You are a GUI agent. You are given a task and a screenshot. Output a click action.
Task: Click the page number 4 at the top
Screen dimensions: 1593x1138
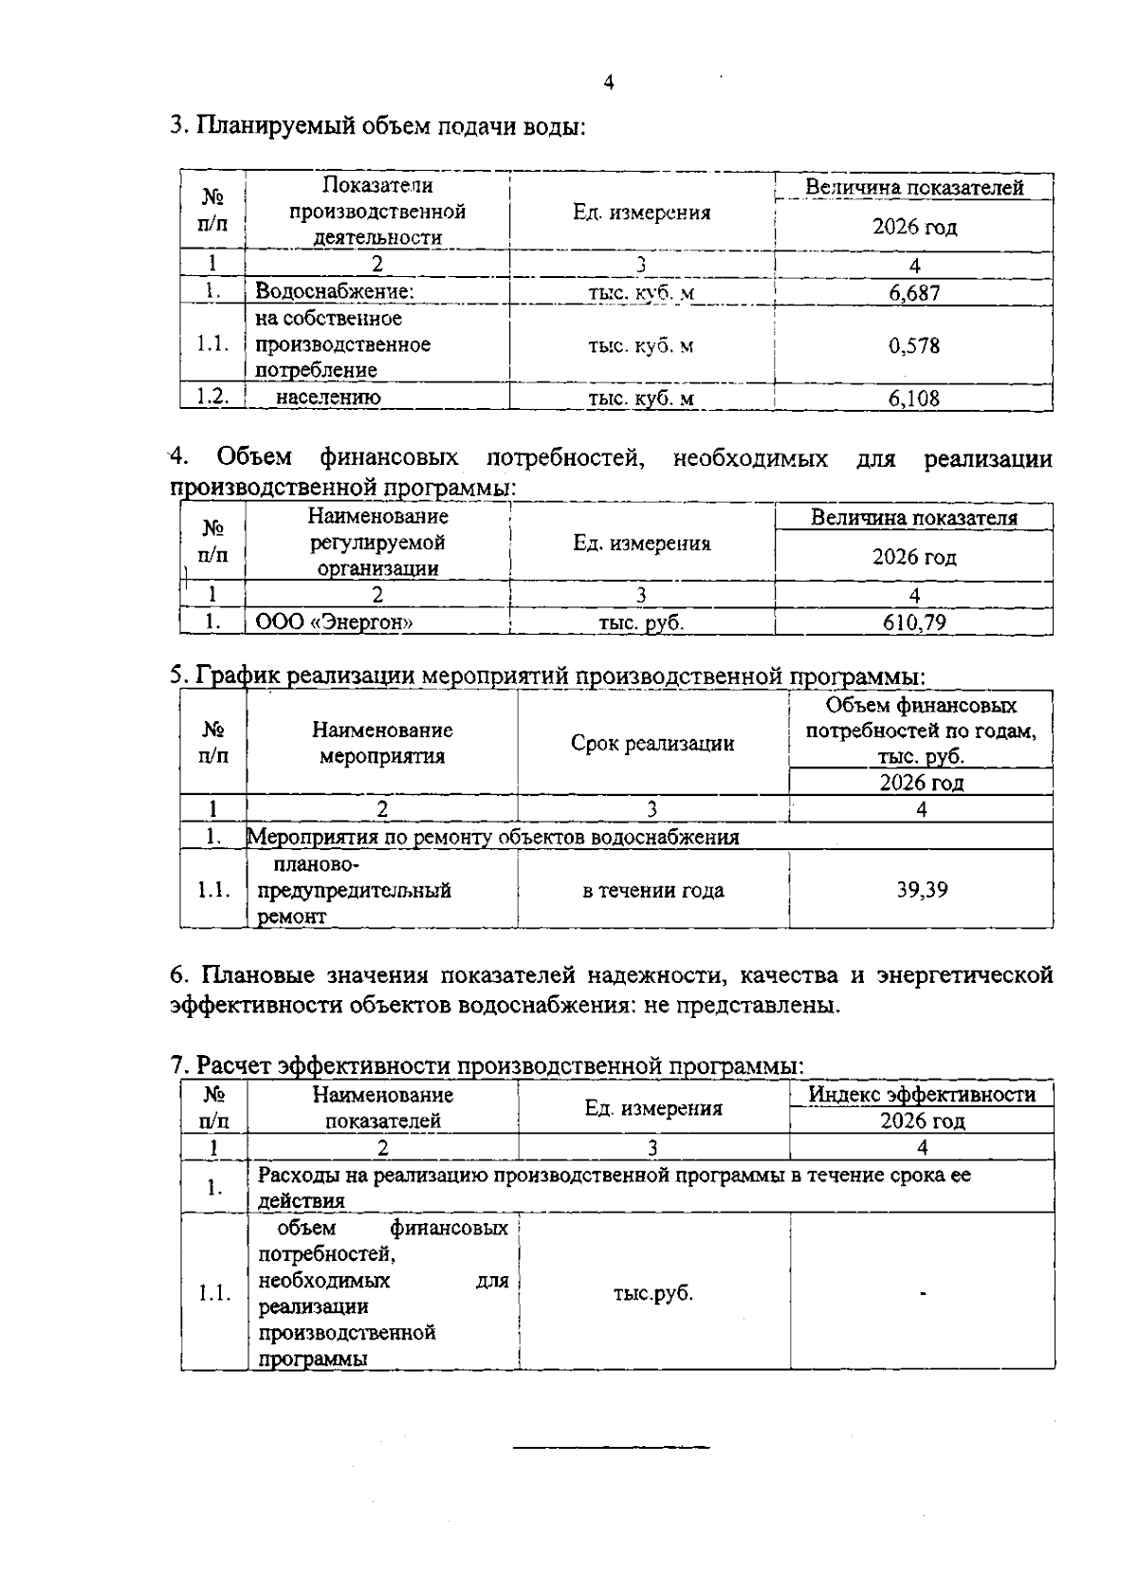[x=609, y=83]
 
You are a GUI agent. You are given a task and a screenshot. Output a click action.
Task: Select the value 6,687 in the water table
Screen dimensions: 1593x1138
[x=914, y=292]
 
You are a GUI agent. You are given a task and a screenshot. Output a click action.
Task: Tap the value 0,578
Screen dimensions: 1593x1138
[x=914, y=345]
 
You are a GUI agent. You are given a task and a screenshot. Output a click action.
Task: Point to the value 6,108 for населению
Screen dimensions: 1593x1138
[x=914, y=398]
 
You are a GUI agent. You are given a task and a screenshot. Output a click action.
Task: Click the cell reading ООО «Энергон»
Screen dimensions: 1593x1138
[x=335, y=622]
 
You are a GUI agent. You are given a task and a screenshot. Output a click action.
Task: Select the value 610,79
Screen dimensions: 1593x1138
[x=914, y=622]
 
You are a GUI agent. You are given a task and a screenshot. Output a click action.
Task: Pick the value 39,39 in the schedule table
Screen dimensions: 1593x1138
[x=922, y=890]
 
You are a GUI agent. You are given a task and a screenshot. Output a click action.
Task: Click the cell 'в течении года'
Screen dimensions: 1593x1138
[x=652, y=890]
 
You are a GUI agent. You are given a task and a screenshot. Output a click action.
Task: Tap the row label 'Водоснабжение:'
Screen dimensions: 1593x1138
[x=335, y=292]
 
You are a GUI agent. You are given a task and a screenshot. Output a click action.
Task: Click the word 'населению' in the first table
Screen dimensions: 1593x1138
[x=328, y=398]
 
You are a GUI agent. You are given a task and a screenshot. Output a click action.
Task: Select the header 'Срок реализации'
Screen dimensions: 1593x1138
[x=652, y=743]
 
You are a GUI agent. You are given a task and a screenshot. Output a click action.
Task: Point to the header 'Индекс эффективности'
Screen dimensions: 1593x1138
[x=922, y=1094]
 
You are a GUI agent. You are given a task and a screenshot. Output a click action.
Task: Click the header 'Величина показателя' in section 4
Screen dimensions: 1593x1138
[x=914, y=518]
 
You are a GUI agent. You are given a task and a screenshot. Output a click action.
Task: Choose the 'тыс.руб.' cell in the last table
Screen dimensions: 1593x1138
[x=653, y=1293]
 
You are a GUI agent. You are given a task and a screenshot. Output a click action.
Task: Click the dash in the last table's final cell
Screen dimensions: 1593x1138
[x=922, y=1293]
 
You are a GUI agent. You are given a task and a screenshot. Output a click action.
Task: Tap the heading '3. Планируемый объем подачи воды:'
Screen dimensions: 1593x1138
[x=376, y=126]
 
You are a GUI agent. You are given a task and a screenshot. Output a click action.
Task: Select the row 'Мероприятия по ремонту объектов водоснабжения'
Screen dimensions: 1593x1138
[x=493, y=837]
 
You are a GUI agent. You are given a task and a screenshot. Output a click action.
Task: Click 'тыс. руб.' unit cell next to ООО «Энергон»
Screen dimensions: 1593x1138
[x=641, y=622]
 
